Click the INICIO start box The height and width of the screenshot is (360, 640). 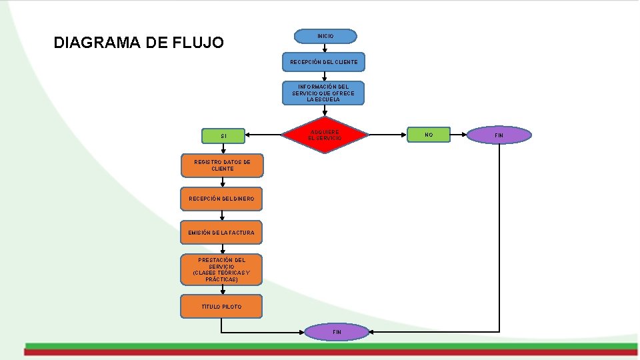point(325,36)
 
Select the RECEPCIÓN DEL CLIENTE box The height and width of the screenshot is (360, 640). point(323,62)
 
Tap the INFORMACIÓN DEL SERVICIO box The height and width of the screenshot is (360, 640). point(323,93)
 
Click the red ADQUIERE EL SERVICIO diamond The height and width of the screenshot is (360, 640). point(324,135)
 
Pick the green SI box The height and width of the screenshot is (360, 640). point(223,136)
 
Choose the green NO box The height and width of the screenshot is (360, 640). point(429,135)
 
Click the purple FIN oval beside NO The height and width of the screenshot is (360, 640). point(499,135)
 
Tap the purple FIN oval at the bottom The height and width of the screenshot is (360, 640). point(337,331)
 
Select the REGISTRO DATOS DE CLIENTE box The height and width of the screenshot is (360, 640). point(222,165)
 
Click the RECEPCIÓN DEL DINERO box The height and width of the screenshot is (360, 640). point(221,199)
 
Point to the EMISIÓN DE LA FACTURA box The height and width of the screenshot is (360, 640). point(221,233)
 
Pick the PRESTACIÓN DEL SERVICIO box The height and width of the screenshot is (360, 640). point(221,269)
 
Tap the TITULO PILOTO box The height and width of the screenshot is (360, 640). point(221,307)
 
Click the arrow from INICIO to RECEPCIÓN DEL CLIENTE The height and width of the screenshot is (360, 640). point(325,48)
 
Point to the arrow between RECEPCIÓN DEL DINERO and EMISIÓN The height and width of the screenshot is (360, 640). point(222,215)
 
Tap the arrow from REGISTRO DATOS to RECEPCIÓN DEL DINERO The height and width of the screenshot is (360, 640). point(222,182)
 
